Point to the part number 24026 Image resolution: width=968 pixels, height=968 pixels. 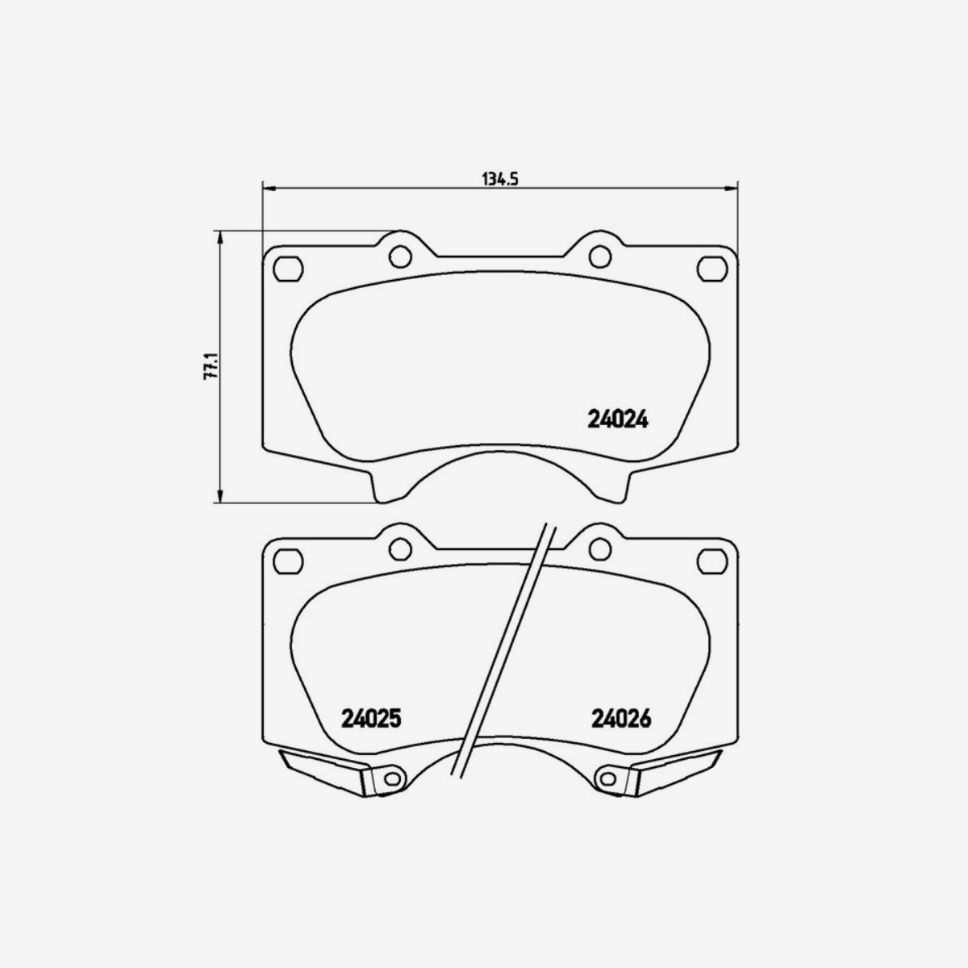pyautogui.click(x=620, y=717)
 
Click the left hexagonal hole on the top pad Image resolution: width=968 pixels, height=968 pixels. pyautogui.click(x=287, y=268)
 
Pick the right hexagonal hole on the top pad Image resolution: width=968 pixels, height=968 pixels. pyautogui.click(x=711, y=268)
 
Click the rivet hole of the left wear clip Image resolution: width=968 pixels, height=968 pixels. pyautogui.click(x=391, y=778)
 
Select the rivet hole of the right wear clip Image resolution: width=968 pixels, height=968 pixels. pyautogui.click(x=607, y=778)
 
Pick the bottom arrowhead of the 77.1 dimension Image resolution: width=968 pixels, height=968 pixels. pyautogui.click(x=219, y=497)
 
